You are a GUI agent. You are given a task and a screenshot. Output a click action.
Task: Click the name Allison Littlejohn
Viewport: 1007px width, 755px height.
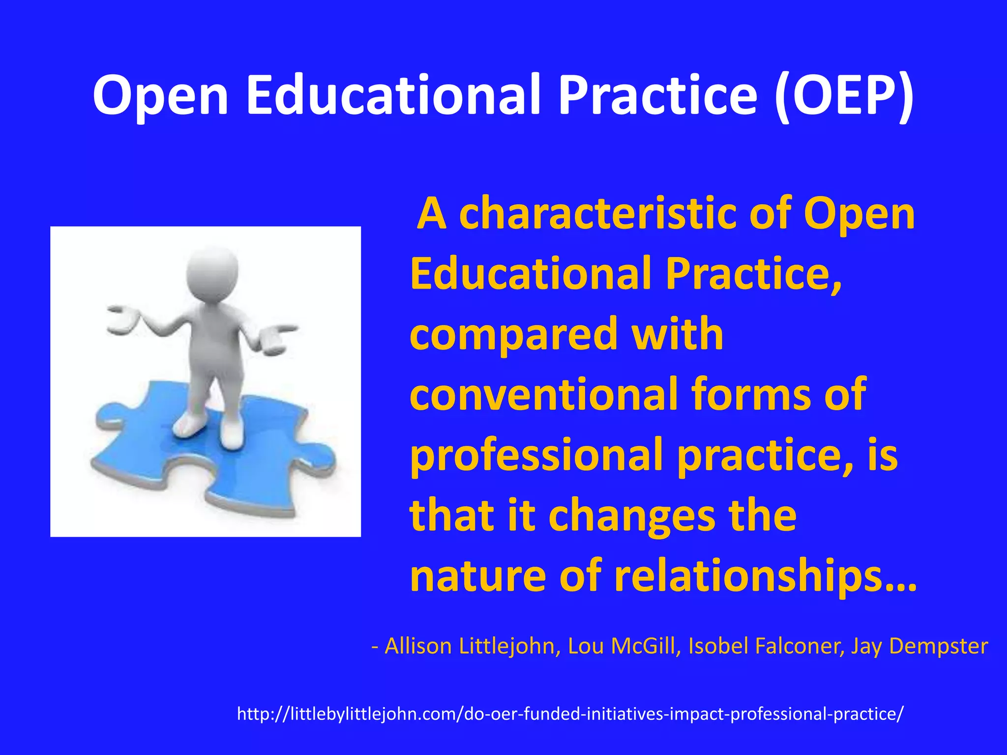[473, 646]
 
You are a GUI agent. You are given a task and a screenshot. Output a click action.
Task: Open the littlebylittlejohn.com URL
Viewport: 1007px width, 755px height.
[570, 714]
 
